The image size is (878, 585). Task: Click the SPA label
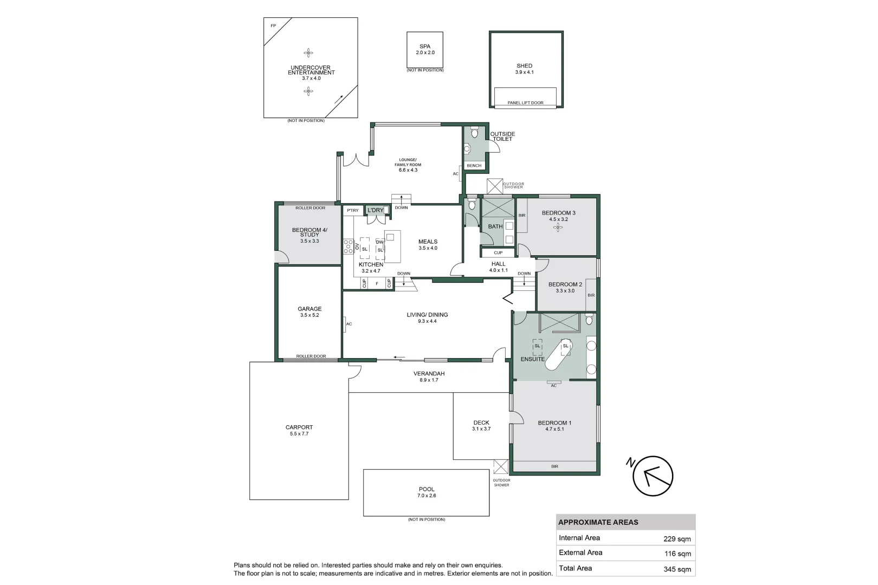(x=425, y=46)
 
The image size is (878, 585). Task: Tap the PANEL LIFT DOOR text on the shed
(x=525, y=103)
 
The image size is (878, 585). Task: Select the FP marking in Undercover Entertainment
(x=273, y=26)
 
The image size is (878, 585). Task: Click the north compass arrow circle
(x=653, y=476)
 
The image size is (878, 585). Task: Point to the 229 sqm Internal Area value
(x=677, y=539)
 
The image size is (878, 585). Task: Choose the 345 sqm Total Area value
(x=677, y=569)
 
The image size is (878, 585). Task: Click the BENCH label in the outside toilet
(x=474, y=165)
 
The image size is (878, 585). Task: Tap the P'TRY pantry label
(x=352, y=210)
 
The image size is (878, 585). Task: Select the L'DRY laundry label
(x=375, y=210)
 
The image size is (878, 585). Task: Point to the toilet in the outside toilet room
(x=474, y=132)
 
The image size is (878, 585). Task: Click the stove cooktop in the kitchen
(x=348, y=246)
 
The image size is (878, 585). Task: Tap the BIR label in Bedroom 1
(x=554, y=466)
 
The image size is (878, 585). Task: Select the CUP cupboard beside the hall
(x=498, y=253)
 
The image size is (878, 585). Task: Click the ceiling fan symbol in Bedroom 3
(x=558, y=227)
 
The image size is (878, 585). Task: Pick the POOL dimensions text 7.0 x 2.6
(x=427, y=495)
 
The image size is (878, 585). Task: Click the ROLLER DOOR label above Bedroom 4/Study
(x=310, y=207)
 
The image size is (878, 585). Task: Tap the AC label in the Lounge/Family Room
(x=455, y=173)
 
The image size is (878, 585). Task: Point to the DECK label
(x=481, y=422)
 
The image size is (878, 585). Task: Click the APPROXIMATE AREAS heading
(x=598, y=522)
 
